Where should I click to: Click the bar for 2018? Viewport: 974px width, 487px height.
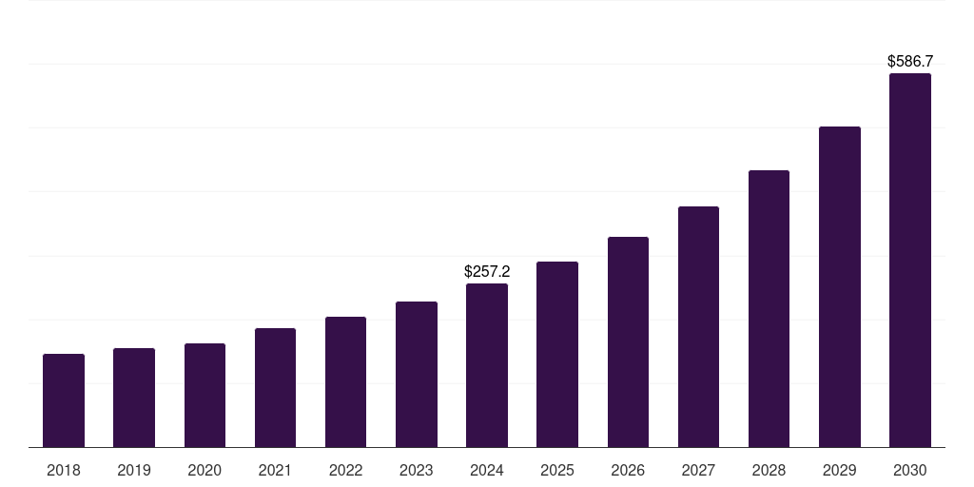click(x=64, y=400)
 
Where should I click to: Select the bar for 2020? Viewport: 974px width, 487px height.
click(x=205, y=395)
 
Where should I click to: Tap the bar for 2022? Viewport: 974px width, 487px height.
click(x=345, y=381)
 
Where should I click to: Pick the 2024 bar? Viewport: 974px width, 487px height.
click(x=487, y=365)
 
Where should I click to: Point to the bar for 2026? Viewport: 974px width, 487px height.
click(x=628, y=341)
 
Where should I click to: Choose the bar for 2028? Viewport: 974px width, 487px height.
click(x=769, y=308)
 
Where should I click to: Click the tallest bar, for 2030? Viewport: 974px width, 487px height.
click(x=909, y=260)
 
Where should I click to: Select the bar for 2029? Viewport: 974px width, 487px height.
click(x=839, y=286)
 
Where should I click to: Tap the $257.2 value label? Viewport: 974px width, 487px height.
click(x=487, y=272)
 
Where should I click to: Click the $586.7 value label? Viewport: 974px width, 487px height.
click(x=909, y=62)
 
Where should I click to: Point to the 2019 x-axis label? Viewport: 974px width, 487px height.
click(x=134, y=470)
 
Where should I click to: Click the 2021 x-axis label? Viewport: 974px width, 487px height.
click(x=275, y=470)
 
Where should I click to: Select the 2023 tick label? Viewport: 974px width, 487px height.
click(x=416, y=470)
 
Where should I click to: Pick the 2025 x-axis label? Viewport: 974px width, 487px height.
click(x=557, y=470)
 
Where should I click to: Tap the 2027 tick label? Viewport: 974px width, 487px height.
click(x=698, y=470)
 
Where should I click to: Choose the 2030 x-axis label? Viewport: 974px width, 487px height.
click(x=909, y=470)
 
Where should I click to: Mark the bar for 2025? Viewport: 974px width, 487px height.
click(x=557, y=354)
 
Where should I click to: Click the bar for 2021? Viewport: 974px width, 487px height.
click(x=275, y=387)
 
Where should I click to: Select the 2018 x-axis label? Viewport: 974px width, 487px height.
click(x=64, y=470)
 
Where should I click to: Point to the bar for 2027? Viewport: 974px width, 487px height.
click(x=698, y=326)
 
